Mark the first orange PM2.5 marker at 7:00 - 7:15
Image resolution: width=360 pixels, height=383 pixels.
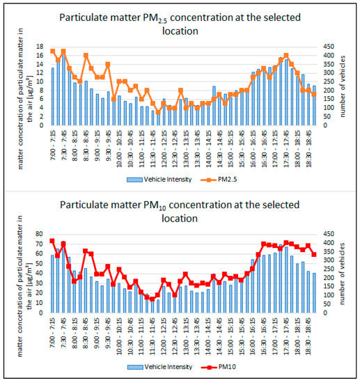(x=53, y=51)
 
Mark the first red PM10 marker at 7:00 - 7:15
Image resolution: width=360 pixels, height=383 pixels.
(x=53, y=241)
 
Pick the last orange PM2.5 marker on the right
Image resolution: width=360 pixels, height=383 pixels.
(x=314, y=94)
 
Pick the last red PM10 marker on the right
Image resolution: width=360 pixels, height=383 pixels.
(x=314, y=254)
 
